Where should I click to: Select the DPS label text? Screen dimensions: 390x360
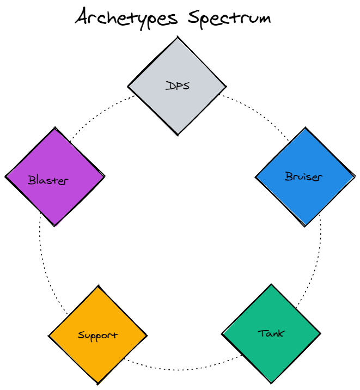(178, 86)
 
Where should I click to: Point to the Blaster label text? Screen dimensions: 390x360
(48, 180)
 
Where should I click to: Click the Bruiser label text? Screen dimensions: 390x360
(303, 176)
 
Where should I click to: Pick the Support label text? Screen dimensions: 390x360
(97, 335)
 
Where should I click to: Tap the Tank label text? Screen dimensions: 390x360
(271, 333)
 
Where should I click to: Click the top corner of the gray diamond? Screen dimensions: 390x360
(177, 37)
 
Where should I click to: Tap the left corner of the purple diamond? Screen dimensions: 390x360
(6, 176)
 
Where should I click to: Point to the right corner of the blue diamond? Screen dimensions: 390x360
(355, 175)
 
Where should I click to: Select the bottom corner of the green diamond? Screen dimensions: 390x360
(271, 382)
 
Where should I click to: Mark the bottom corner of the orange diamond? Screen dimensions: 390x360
(98, 382)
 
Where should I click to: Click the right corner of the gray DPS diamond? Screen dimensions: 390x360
(226, 86)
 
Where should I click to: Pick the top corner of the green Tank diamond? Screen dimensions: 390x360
(271, 284)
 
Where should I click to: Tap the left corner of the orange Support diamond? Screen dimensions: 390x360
(49, 334)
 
